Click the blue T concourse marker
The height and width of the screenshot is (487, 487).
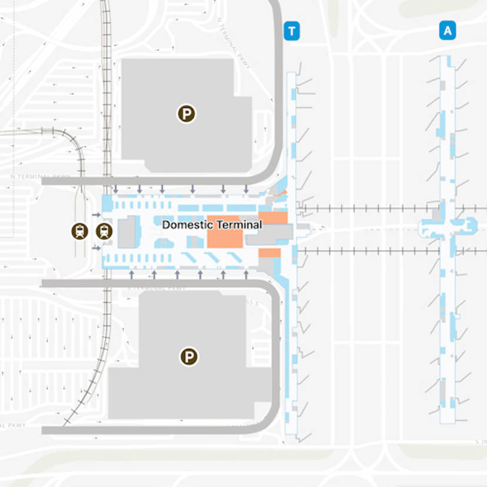coord(291,31)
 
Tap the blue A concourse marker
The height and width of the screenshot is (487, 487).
coord(448,31)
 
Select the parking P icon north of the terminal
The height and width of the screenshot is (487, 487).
coord(186,114)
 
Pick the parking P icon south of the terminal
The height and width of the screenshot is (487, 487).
coord(189,356)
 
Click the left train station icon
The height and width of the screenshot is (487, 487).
coord(79,231)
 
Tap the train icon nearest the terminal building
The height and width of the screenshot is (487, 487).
coord(104,231)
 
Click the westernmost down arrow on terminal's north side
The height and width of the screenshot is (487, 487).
coord(116,189)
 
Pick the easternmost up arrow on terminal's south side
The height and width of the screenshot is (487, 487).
coord(246,274)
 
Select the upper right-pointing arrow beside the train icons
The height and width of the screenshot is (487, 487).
coord(96,215)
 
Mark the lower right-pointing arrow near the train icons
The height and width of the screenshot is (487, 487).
coord(96,248)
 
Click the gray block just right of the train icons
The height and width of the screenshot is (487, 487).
coord(128,232)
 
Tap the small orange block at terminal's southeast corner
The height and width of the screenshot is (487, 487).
coord(269,253)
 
